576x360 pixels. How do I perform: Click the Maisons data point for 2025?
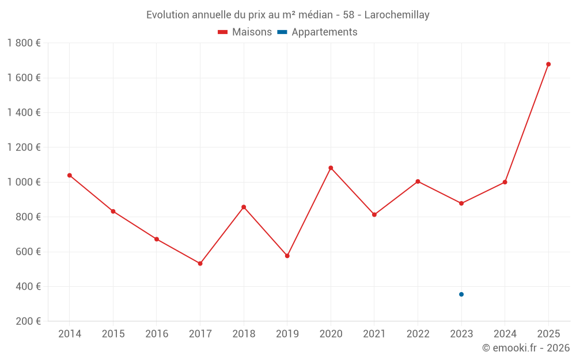coord(548,64)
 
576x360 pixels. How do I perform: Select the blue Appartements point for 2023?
coord(461,294)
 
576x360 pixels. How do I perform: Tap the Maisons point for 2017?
coord(200,263)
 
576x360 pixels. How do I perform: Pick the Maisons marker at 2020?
coord(331,168)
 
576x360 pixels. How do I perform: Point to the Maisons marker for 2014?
coord(70,175)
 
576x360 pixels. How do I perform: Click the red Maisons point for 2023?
coord(461,203)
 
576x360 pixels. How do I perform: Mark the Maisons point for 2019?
coord(287,256)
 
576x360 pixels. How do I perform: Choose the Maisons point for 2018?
coord(244,207)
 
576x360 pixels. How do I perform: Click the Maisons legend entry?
coord(245,32)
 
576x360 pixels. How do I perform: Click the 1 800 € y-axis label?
coord(24,43)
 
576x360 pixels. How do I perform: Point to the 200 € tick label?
coord(27,321)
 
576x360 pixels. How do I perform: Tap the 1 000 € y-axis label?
coord(24,182)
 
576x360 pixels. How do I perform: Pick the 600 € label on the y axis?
coord(27,252)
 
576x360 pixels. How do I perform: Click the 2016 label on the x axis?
coord(157,334)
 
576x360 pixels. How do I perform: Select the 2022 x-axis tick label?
coord(418,334)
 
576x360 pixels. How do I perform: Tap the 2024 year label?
coord(505,334)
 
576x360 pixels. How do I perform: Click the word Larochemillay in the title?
coord(397,15)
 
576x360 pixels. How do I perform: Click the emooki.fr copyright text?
coord(525,348)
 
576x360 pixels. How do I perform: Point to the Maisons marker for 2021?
coord(374,215)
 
